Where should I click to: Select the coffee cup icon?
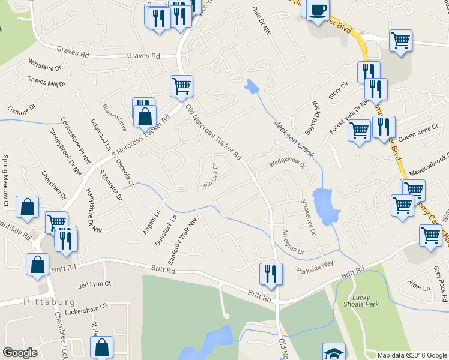[x=318, y=10]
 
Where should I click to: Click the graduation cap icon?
[x=334, y=352]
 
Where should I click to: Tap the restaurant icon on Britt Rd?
[x=271, y=274]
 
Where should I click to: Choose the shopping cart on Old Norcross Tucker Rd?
[x=181, y=85]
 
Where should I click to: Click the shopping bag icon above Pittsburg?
[x=37, y=265]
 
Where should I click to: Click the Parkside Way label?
[x=315, y=268]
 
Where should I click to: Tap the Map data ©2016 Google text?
[x=412, y=355]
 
